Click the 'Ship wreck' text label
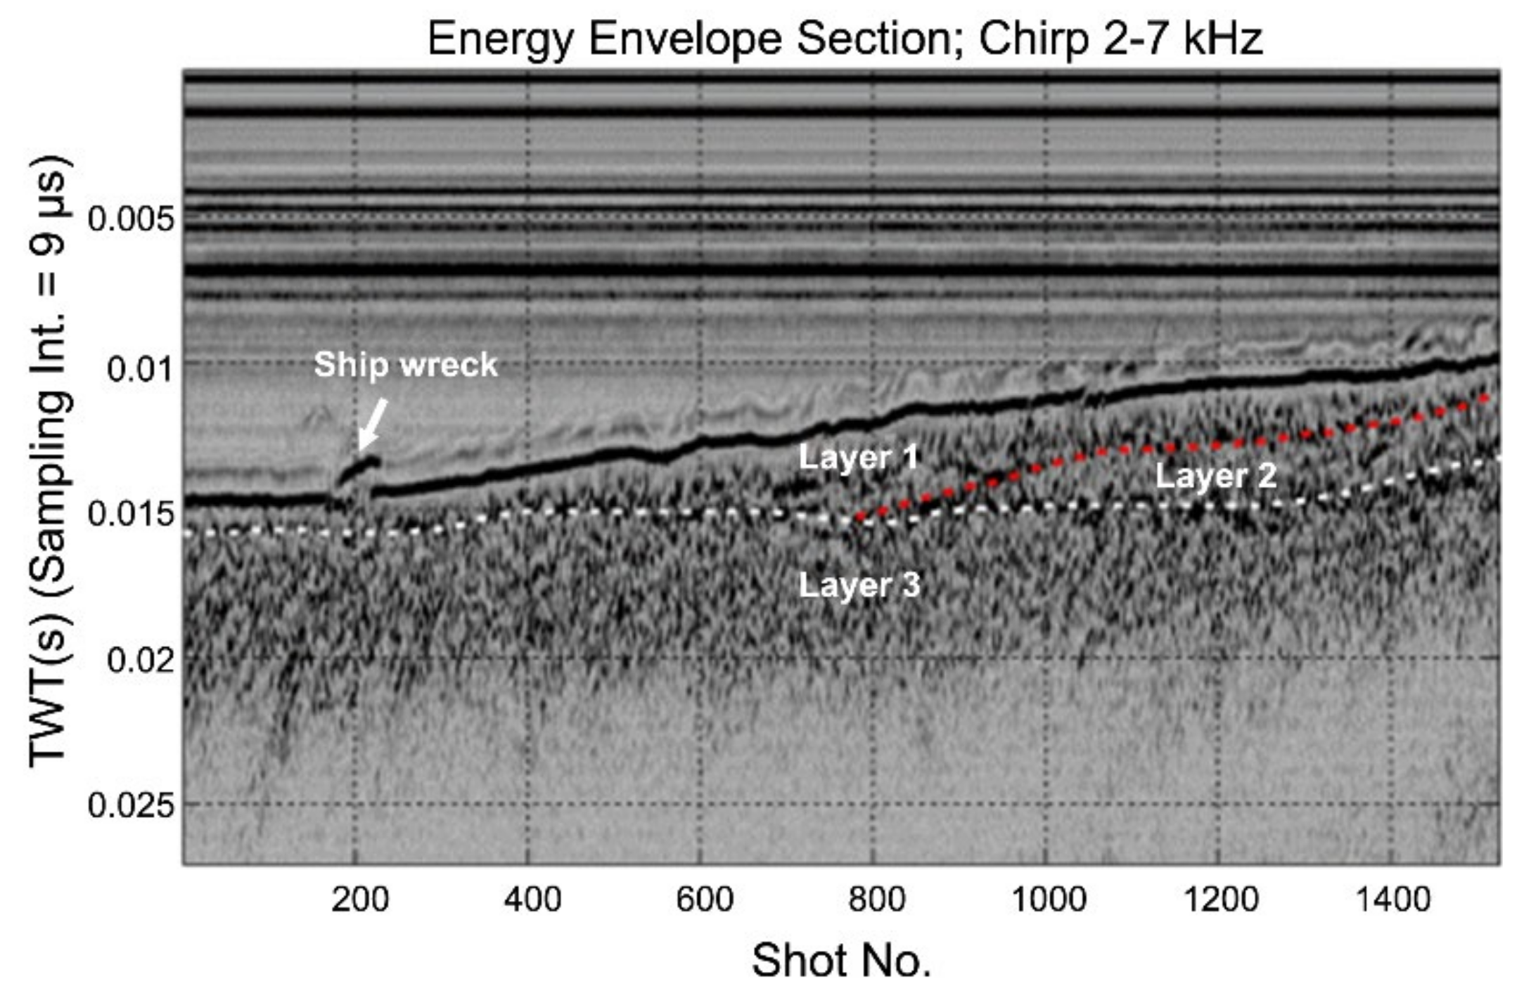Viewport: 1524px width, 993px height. point(405,365)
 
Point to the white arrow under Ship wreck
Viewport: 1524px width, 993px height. point(372,424)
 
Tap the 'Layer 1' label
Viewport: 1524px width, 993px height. point(859,457)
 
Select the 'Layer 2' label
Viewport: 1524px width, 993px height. point(1215,476)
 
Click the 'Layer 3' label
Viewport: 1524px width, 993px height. point(859,585)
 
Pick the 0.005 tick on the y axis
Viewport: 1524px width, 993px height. point(130,219)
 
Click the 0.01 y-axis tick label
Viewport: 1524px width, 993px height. point(139,368)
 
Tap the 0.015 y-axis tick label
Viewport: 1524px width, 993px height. point(130,514)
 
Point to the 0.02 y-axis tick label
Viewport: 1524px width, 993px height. point(139,660)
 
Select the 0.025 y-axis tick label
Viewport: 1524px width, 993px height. point(130,805)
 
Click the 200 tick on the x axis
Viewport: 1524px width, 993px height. point(359,899)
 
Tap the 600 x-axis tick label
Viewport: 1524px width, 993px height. point(704,899)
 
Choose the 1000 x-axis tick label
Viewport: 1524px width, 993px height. point(1048,899)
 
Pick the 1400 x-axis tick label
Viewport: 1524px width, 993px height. point(1392,899)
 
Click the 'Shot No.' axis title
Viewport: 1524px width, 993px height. point(841,960)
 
